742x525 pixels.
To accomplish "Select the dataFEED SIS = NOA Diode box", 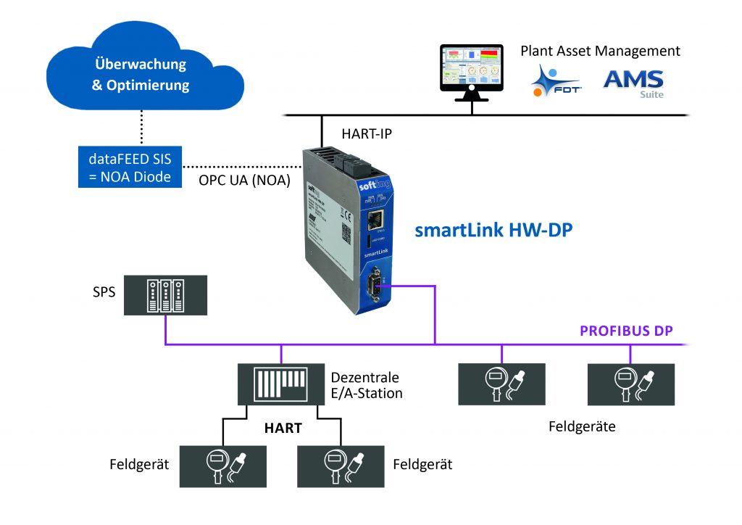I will [129, 167].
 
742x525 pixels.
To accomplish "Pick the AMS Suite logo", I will [633, 80].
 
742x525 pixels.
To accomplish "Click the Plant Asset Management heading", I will [600, 51].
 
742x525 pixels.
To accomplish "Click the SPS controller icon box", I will [165, 294].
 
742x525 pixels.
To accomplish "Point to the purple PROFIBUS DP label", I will [626, 331].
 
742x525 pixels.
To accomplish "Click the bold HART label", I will [283, 429].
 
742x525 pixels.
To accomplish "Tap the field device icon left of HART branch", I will [222, 466].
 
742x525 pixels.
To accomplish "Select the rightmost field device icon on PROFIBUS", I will [630, 384].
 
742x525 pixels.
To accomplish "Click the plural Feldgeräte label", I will [582, 426].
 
